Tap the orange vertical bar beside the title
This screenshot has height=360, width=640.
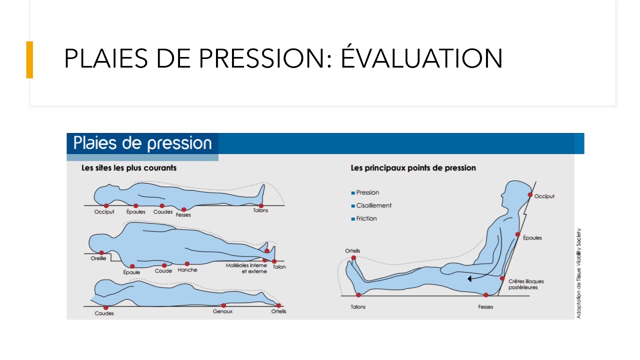29,59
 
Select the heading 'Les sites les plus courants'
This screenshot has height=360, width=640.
129,167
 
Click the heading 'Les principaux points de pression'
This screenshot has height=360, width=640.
413,167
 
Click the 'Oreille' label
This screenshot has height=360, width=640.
98,258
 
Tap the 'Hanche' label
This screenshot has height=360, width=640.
187,269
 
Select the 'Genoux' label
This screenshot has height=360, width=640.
222,311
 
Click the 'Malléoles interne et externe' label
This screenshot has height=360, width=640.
246,268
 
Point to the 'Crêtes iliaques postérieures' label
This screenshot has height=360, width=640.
526,284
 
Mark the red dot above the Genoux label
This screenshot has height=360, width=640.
223,305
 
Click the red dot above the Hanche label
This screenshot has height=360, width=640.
187,263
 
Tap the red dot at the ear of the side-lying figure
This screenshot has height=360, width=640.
101,253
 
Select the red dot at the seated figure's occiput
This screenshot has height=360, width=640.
530,195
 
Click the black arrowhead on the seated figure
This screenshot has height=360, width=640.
469,278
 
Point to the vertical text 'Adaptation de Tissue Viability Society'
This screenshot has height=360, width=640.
578,273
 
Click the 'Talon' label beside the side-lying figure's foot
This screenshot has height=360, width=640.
279,267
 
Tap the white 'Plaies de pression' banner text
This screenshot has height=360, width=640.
142,143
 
